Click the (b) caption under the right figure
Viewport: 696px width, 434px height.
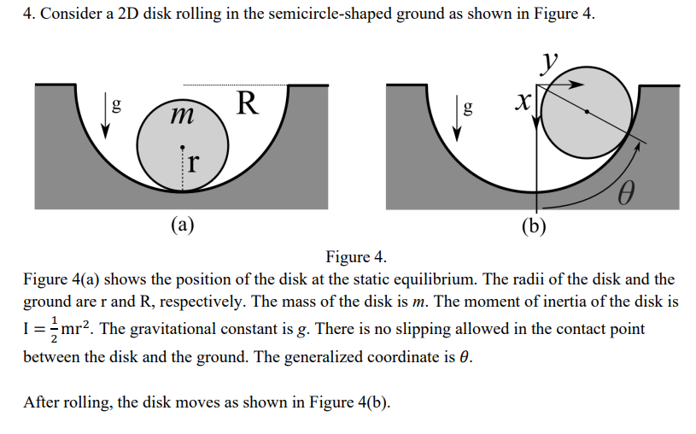(x=536, y=225)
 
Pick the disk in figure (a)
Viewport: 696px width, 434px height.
(x=183, y=142)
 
